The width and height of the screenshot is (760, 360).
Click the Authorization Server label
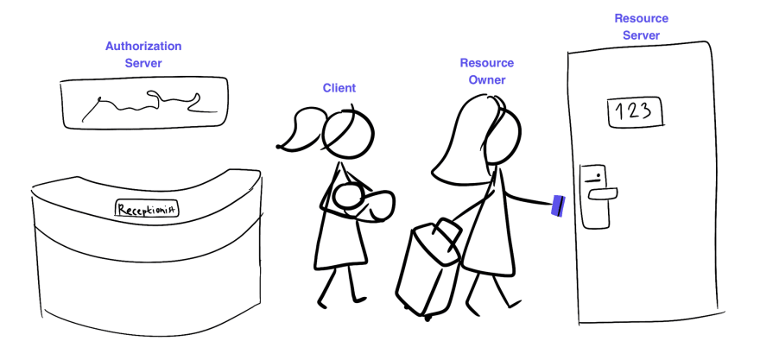click(143, 54)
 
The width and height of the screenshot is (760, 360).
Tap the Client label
click(339, 88)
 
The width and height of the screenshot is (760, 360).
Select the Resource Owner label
click(486, 72)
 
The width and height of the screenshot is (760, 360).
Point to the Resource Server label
click(641, 27)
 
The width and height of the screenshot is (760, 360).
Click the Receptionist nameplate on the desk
click(147, 208)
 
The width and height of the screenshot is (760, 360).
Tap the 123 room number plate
click(636, 111)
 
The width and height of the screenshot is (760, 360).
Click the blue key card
click(559, 205)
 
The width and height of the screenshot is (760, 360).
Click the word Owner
click(487, 80)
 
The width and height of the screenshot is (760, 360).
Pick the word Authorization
click(143, 46)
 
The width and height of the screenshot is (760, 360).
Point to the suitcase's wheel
click(427, 316)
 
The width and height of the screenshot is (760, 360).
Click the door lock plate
click(594, 196)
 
